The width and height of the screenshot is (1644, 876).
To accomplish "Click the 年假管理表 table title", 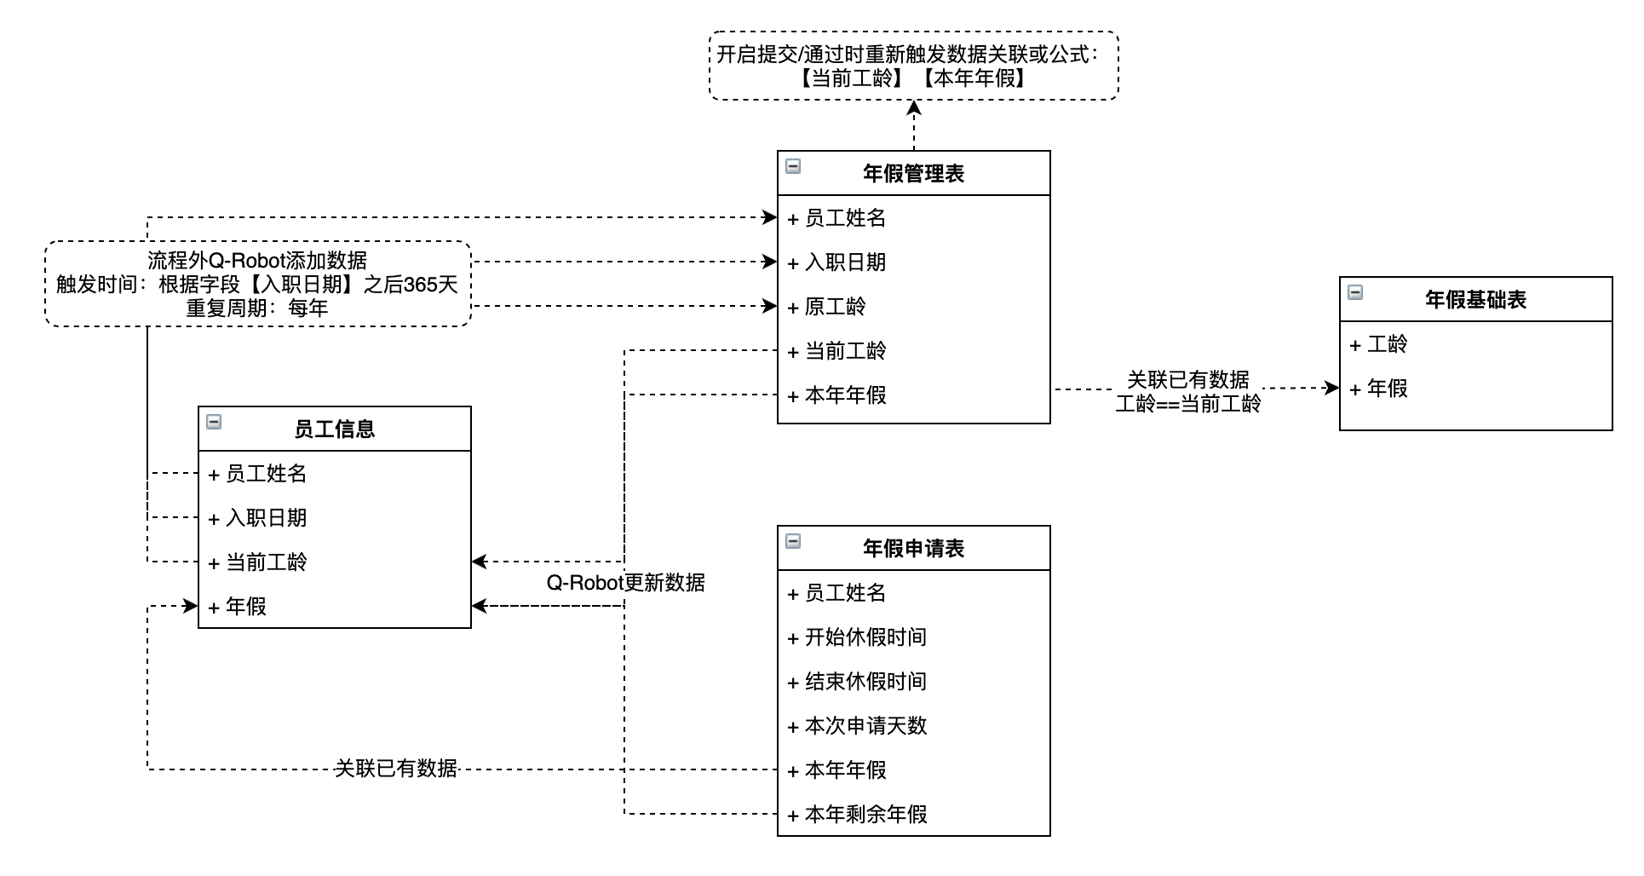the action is pos(913,174).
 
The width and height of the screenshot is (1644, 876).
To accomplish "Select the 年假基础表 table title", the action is pos(1475,300).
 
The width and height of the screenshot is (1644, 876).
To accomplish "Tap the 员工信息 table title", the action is pos(334,429).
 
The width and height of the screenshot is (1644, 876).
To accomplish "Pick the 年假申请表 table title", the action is pos(913,549).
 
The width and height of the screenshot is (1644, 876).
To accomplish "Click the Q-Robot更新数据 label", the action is pos(626,583).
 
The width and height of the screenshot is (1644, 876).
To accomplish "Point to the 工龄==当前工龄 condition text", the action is pos(1188,403).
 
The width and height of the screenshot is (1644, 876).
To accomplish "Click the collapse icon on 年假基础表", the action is pos(1355,292).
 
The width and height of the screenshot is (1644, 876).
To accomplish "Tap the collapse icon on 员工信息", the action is pos(214,422).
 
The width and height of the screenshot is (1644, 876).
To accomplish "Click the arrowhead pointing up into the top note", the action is pos(914,107).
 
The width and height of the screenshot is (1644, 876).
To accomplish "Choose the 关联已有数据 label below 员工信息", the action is pos(396,769).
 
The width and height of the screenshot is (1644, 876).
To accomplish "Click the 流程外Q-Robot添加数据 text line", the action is pos(257,261).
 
